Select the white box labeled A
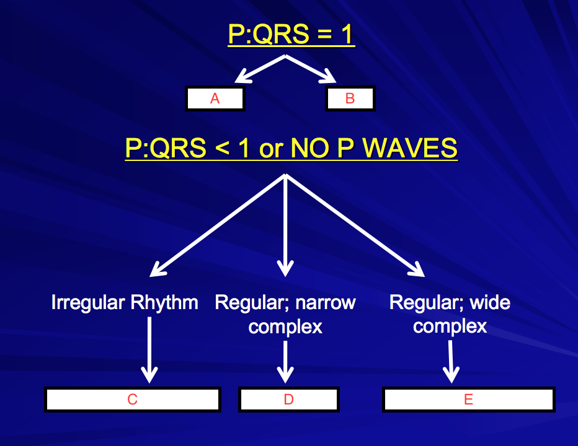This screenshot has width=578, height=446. (x=215, y=98)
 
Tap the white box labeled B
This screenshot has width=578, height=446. (x=350, y=98)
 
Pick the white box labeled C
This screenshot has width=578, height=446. (x=132, y=400)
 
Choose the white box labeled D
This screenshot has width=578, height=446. (x=288, y=400)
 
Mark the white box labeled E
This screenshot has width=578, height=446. (x=468, y=400)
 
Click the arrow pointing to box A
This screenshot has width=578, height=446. (x=259, y=69)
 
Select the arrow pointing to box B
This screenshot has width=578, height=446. (x=311, y=69)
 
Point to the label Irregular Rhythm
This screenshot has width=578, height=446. (x=125, y=303)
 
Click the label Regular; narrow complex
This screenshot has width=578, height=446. (x=285, y=314)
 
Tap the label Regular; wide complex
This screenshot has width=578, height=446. (x=450, y=314)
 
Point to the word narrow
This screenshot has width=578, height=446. (x=325, y=303)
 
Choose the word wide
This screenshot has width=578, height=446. (x=490, y=303)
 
